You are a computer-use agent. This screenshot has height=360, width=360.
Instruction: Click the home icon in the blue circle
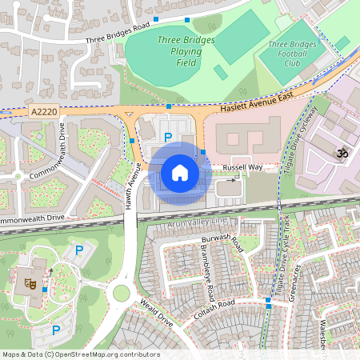click(180, 172)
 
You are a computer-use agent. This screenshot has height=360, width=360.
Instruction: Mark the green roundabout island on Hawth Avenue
click(121, 293)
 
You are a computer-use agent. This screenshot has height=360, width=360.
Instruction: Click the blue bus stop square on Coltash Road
click(268, 301)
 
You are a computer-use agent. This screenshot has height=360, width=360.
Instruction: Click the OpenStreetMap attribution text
click(80, 354)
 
